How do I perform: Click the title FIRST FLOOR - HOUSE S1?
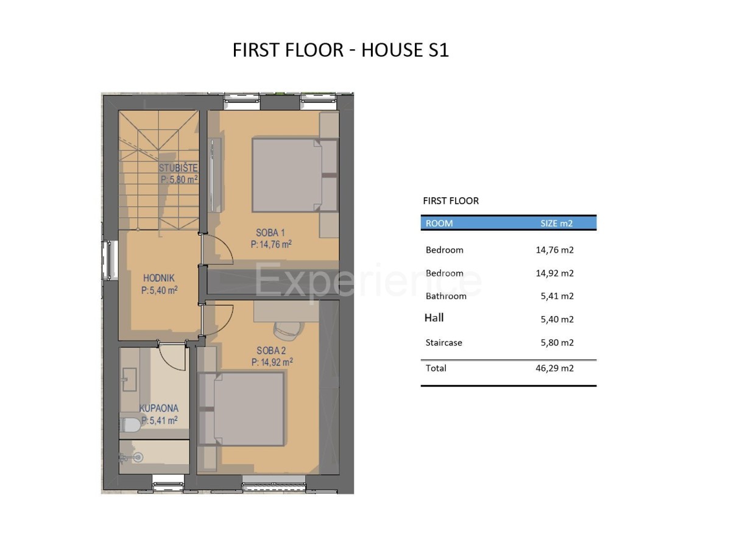341,51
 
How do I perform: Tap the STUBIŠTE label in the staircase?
178,168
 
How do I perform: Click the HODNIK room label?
159,278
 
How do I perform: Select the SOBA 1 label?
270,233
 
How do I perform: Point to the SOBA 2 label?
271,350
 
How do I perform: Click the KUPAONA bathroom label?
158,408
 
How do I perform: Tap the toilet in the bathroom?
130,425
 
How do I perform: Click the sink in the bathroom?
130,379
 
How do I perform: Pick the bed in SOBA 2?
241,409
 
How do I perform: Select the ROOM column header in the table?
439,223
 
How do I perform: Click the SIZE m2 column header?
557,223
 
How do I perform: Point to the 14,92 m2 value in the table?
554,273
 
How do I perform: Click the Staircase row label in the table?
443,342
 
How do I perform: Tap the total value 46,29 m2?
554,368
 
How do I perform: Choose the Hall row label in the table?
434,318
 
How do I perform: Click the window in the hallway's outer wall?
109,260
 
